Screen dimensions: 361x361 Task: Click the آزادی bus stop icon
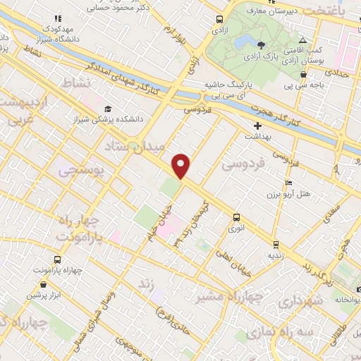(220, 20)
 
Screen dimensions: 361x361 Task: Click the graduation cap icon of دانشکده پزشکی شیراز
(108, 109)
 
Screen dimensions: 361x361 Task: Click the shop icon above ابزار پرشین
(44, 284)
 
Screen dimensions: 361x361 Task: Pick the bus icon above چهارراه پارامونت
(58, 260)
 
